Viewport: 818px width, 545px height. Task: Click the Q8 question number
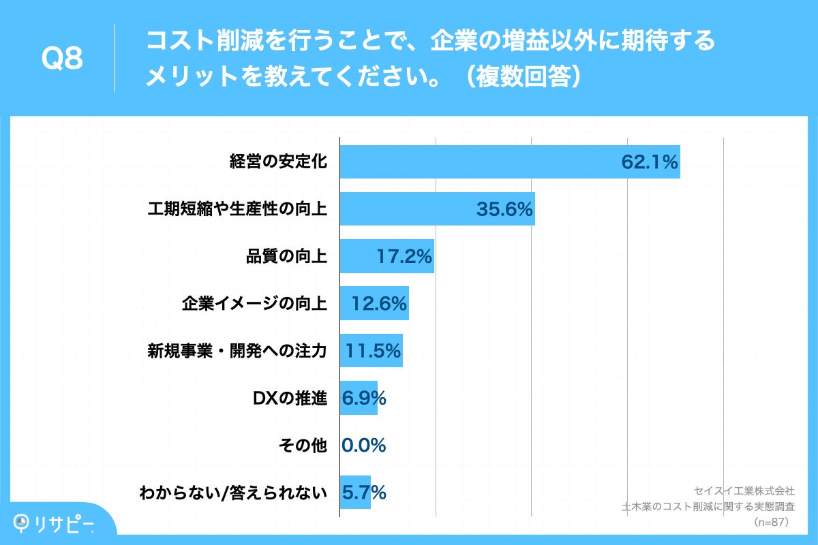pyautogui.click(x=62, y=59)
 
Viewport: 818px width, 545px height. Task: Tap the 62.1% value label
pyautogui.click(x=649, y=162)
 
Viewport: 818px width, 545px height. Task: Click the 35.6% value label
pyautogui.click(x=504, y=209)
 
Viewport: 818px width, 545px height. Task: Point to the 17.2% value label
pyautogui.click(x=404, y=257)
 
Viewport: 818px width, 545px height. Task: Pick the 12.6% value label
pyautogui.click(x=379, y=304)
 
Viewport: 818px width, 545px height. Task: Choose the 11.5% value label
pyautogui.click(x=373, y=351)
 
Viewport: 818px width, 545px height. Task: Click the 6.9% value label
pyautogui.click(x=364, y=398)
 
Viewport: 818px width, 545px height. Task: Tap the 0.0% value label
pyautogui.click(x=364, y=445)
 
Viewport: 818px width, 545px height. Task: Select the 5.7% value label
pyautogui.click(x=364, y=492)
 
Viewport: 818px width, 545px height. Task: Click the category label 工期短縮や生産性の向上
pyautogui.click(x=237, y=209)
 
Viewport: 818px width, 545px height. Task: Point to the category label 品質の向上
pyautogui.click(x=286, y=257)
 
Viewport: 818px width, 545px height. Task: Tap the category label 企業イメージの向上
pyautogui.click(x=254, y=304)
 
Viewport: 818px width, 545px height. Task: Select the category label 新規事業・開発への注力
pyautogui.click(x=237, y=351)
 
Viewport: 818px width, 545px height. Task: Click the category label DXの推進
pyautogui.click(x=290, y=398)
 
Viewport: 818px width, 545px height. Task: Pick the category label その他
pyautogui.click(x=303, y=445)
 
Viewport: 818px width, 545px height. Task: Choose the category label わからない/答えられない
pyautogui.click(x=233, y=492)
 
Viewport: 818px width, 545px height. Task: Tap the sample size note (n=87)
pyautogui.click(x=771, y=523)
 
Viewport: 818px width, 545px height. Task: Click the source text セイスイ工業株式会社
pyautogui.click(x=744, y=490)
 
